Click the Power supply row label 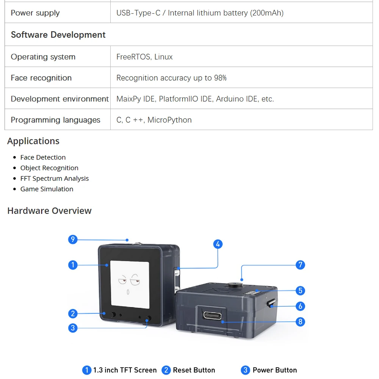point(35,13)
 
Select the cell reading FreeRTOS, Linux point(144,57)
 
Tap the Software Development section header point(58,35)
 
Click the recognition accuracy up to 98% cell point(171,78)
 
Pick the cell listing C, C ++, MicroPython point(154,120)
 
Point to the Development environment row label point(60,99)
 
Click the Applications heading point(33,141)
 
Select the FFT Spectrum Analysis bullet point(55,179)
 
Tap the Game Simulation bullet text point(47,189)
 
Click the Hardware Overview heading point(49,211)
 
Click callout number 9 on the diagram point(73,240)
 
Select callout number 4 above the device point(218,244)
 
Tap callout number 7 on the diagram point(300,265)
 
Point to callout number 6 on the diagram point(300,306)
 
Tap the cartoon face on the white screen point(128,285)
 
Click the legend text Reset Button point(194,370)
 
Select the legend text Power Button point(274,370)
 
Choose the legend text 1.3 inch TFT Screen point(125,370)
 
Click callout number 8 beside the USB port point(300,322)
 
